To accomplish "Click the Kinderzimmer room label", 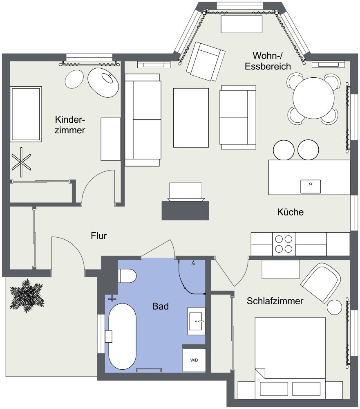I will tap(70, 125).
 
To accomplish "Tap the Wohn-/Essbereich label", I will tap(268, 61).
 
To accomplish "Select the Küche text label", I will tap(290, 212).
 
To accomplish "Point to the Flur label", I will tap(99, 236).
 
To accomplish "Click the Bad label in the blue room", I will tap(160, 306).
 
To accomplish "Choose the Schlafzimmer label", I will tap(275, 301).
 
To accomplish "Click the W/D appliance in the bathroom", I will tap(194, 360).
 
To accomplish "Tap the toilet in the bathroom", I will tap(126, 276).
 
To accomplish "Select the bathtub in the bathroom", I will tap(121, 336).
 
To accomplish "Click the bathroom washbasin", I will tap(197, 321).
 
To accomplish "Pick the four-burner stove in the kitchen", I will tap(284, 244).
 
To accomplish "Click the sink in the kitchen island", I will tap(311, 186).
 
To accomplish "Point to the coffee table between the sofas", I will tap(191, 117).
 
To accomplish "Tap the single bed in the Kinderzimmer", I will tap(26, 114).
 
